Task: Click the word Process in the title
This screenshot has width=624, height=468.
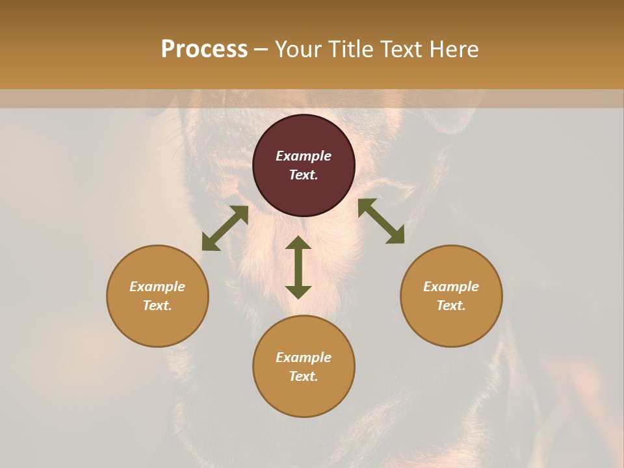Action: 204,49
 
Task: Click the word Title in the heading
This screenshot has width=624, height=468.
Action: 350,49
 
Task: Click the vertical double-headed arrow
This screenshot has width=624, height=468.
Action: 298,267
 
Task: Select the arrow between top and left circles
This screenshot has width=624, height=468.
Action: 225,228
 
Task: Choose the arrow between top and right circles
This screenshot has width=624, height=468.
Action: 381,221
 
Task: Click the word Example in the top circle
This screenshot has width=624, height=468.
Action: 304,156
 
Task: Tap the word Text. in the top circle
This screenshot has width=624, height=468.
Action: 304,175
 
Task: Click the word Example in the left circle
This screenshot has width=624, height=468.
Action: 157,287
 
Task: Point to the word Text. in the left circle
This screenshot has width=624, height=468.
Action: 157,305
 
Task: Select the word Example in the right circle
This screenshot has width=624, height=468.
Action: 451,287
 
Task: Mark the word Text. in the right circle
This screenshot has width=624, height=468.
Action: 451,305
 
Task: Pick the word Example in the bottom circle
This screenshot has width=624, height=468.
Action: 304,357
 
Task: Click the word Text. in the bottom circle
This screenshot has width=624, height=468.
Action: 304,376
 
